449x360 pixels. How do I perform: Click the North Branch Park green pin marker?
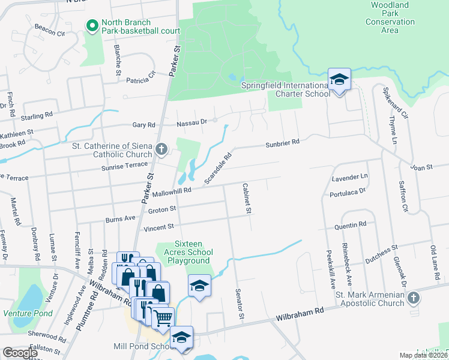point(92,25)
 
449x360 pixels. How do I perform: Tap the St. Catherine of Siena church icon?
point(161,149)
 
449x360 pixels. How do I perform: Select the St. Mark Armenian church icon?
point(412,298)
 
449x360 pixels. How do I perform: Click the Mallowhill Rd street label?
point(171,191)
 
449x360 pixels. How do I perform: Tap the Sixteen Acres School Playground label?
point(192,252)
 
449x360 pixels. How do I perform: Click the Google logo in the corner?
point(20,353)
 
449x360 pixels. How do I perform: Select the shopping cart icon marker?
point(163,319)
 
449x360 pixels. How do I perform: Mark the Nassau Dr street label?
point(191,123)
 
